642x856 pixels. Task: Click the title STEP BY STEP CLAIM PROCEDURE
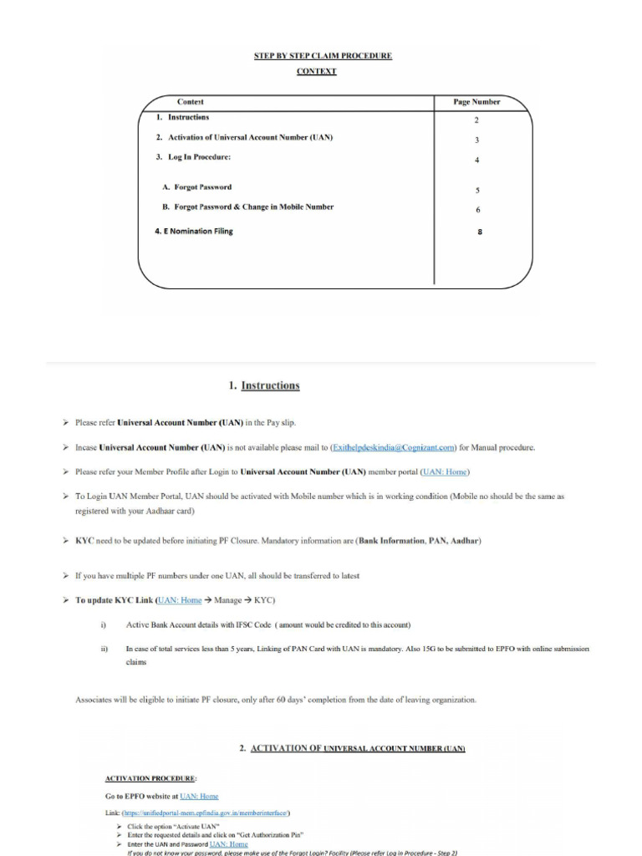[x=323, y=56]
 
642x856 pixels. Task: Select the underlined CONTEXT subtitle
[x=317, y=72]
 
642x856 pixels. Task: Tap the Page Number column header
[x=476, y=102]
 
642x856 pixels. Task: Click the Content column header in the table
[x=190, y=102]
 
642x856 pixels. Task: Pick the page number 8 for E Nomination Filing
[x=479, y=232]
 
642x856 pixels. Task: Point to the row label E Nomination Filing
[x=194, y=232]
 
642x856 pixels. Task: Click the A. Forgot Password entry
[x=197, y=187]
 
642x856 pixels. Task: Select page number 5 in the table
[x=477, y=191]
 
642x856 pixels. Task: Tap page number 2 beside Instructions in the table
[x=476, y=120]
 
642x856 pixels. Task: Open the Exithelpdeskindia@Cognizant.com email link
[x=394, y=447]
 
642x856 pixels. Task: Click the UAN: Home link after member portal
[x=446, y=471]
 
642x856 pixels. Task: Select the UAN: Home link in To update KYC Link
[x=181, y=600]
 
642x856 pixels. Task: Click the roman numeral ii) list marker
[x=104, y=649]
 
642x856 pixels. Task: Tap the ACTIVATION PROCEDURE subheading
[x=150, y=778]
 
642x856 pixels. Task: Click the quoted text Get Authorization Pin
[x=274, y=834]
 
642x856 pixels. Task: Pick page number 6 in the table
[x=477, y=210]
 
